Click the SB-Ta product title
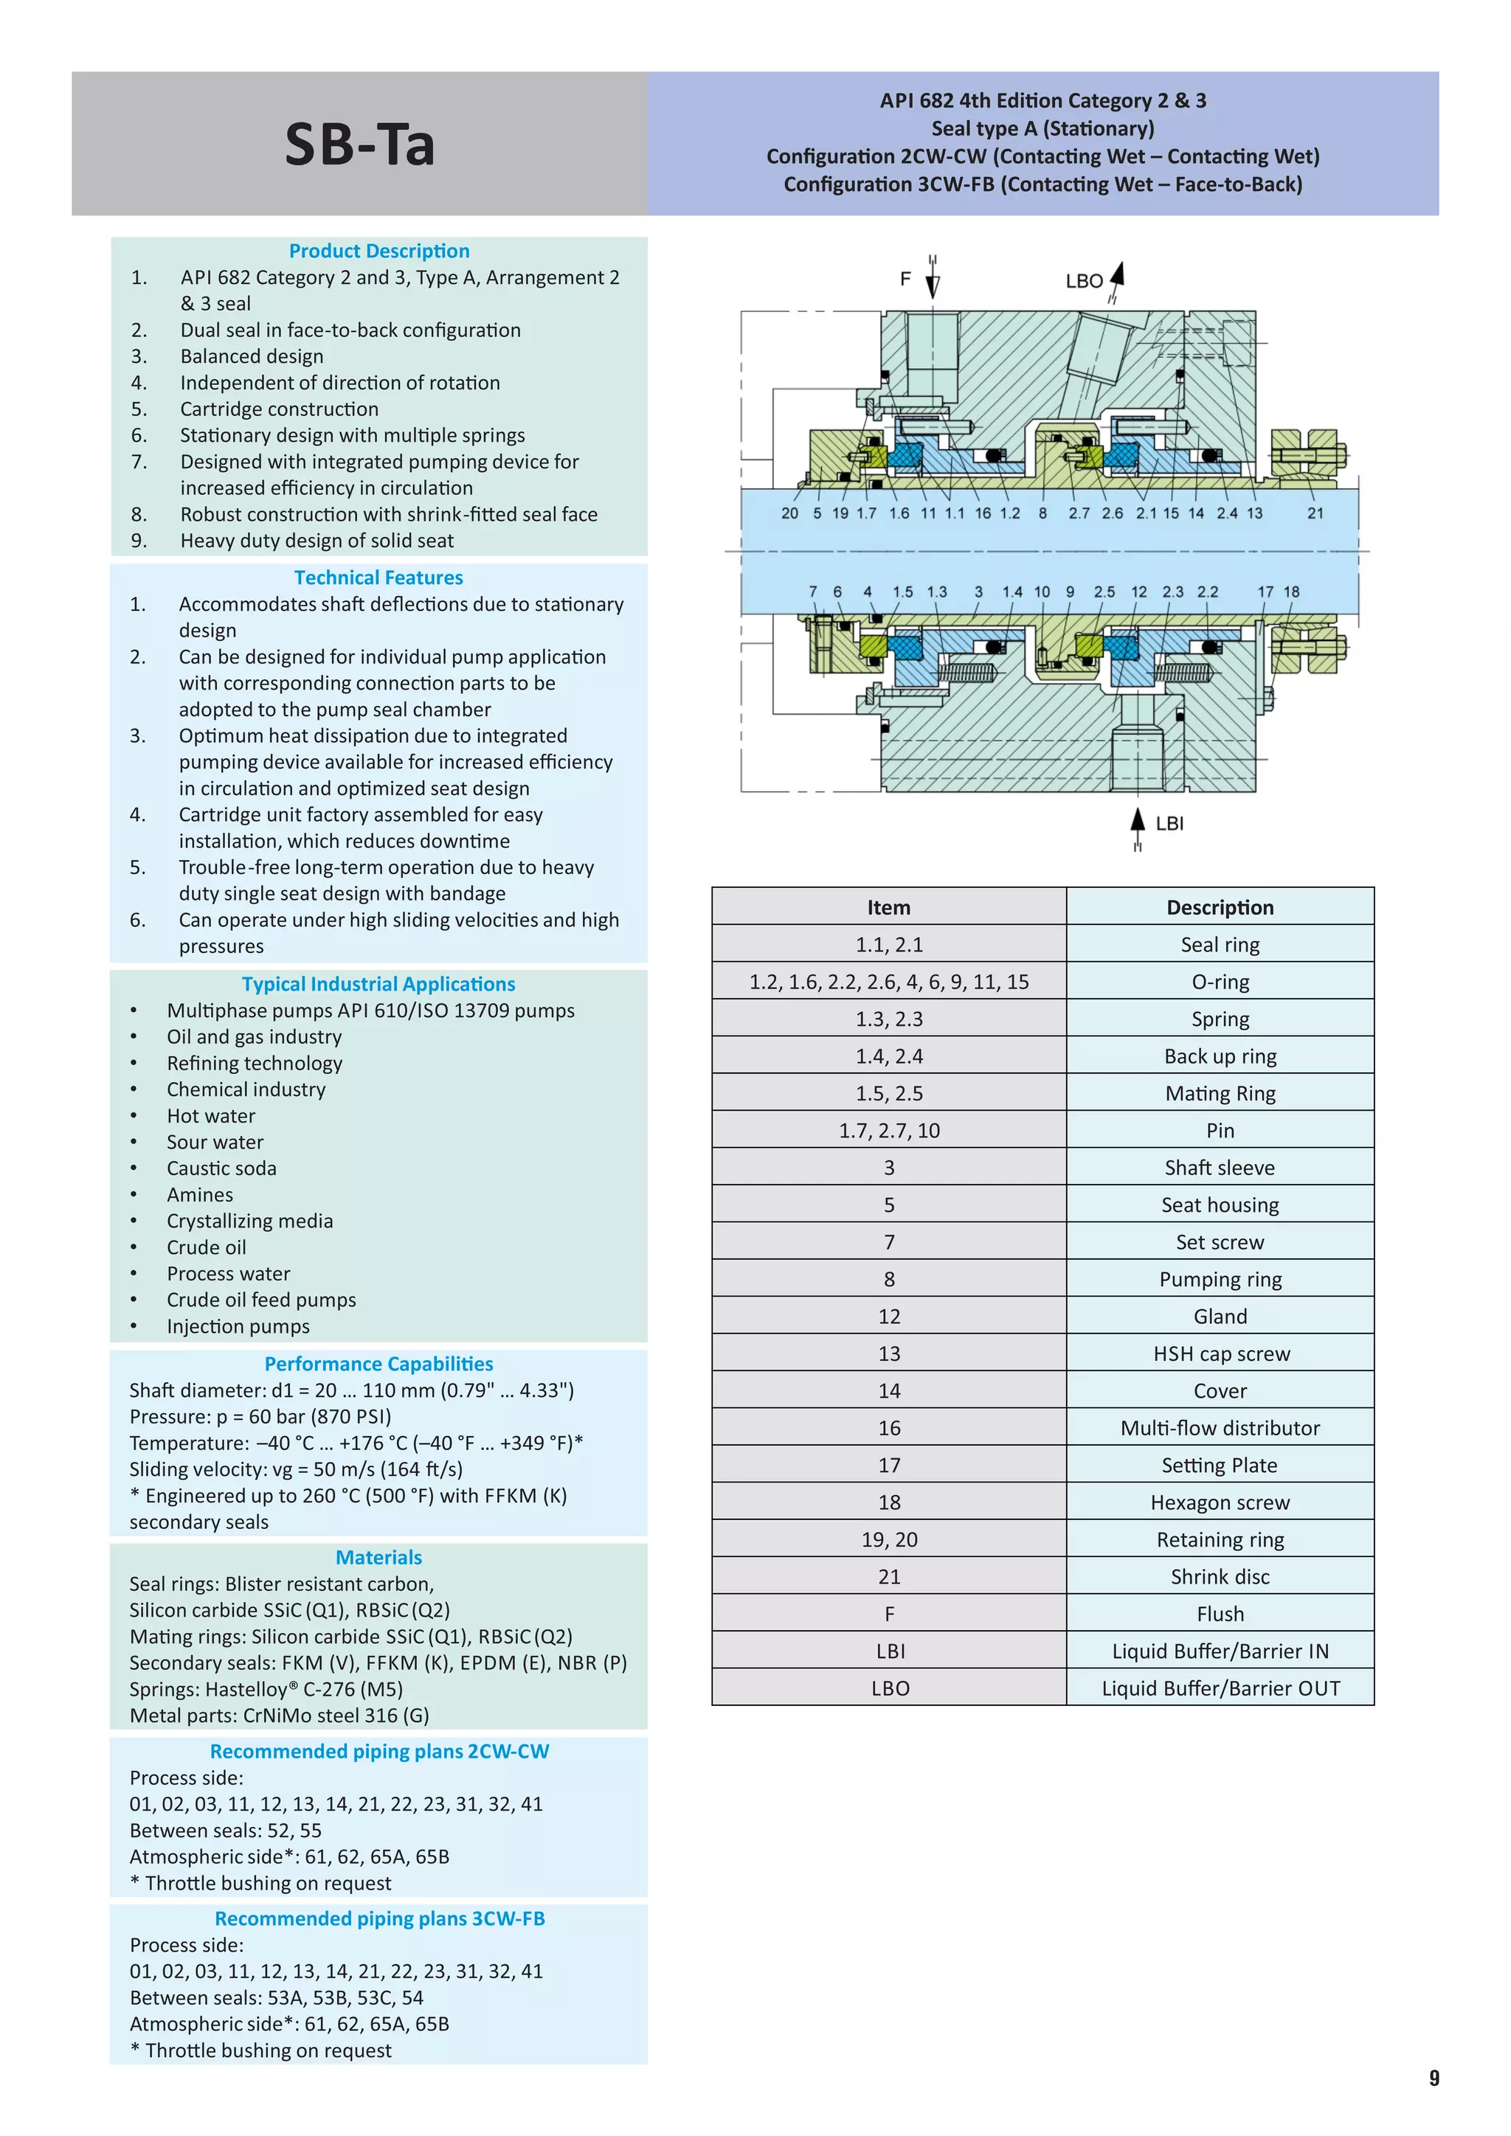[x=359, y=145]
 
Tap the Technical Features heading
[x=378, y=578]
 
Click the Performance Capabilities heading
[x=378, y=1364]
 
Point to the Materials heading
[x=378, y=1557]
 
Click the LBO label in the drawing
[x=1084, y=281]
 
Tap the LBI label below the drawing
[x=1169, y=823]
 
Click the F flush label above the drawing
[x=905, y=279]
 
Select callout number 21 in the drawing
[x=1315, y=513]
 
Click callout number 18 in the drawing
[x=1291, y=592]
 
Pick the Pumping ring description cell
[x=1220, y=1279]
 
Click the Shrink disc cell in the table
[x=1220, y=1577]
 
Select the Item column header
[x=888, y=907]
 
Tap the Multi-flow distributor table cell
[x=1220, y=1428]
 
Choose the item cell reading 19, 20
[x=888, y=1539]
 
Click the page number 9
[x=1434, y=2078]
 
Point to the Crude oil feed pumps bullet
[x=261, y=1300]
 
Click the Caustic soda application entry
[x=221, y=1168]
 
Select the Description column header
[x=1220, y=907]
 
